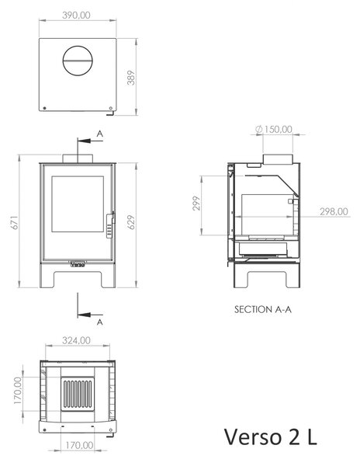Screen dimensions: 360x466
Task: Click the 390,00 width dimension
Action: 76,16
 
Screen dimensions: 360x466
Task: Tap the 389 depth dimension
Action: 131,78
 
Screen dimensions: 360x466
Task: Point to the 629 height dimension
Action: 131,222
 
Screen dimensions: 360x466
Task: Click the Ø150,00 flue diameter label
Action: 274,129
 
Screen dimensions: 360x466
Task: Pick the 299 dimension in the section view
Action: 196,203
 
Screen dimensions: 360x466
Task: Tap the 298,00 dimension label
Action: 334,211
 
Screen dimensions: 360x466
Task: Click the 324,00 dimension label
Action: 76,340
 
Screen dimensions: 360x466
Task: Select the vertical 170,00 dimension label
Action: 18,390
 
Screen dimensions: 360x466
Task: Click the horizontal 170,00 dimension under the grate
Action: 79,445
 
